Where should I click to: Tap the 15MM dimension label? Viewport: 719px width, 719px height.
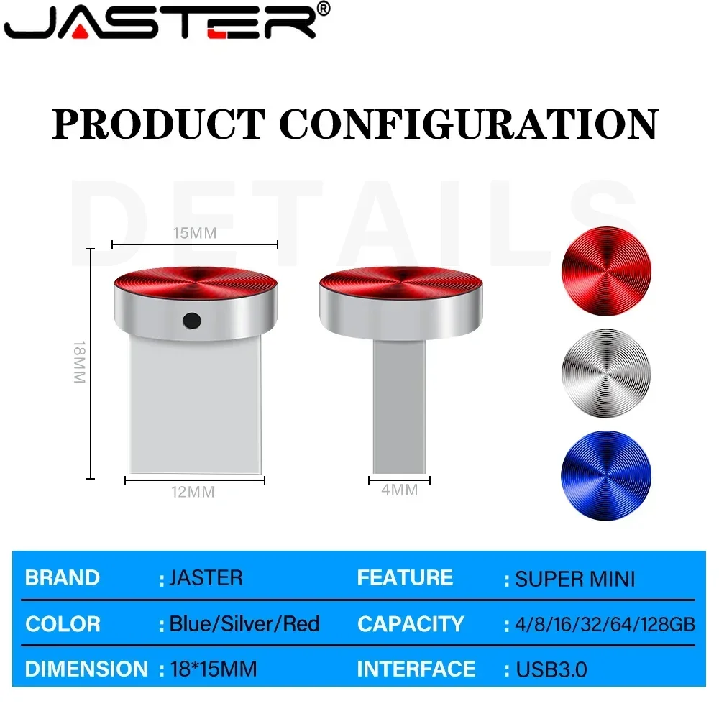coord(194,233)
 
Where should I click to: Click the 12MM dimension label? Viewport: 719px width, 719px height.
coord(192,493)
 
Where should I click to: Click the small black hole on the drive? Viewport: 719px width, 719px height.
coord(192,319)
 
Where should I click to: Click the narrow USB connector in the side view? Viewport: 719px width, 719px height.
coord(398,406)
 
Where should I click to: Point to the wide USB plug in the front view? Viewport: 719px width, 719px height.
coord(194,406)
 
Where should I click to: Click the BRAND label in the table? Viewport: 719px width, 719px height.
coord(63,578)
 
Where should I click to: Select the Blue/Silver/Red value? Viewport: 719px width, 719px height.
coord(244,623)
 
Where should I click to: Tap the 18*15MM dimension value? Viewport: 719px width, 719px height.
coord(213,669)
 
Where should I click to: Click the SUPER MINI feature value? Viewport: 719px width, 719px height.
coord(575,578)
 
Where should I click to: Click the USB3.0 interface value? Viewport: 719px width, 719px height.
coord(551,669)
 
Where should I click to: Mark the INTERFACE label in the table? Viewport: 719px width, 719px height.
coord(416,669)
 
